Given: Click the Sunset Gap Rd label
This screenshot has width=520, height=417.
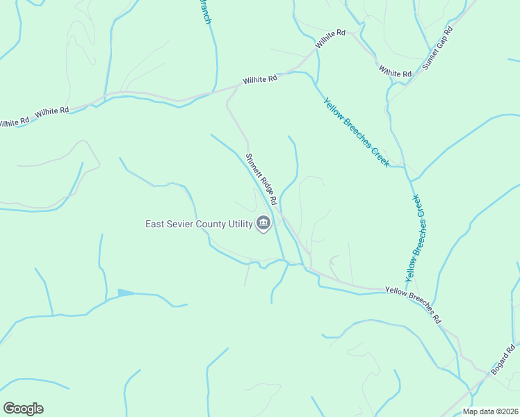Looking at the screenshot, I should (x=437, y=49).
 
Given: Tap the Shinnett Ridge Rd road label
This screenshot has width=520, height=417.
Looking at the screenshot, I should (x=261, y=179).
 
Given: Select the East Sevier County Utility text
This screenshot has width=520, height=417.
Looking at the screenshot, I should (x=198, y=224).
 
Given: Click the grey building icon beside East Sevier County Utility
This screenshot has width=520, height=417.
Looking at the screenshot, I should (x=263, y=224).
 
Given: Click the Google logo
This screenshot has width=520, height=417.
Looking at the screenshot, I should (x=23, y=409).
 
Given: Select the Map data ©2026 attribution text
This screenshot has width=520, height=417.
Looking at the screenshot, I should (x=489, y=411).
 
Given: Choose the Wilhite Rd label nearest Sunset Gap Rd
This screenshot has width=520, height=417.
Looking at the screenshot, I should (x=396, y=71).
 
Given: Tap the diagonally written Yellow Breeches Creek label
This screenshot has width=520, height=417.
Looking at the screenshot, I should (x=355, y=131).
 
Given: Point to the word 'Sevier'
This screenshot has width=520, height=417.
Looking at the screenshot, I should (x=186, y=224).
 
